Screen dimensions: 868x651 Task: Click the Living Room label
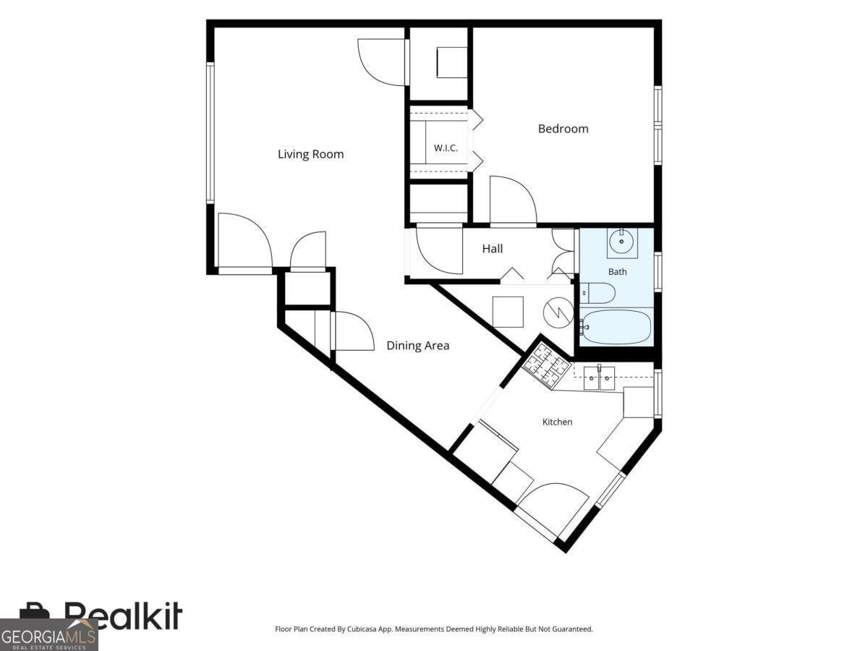pyautogui.click(x=310, y=154)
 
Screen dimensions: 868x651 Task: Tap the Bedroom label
pyautogui.click(x=563, y=129)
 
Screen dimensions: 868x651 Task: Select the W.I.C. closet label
pyautogui.click(x=446, y=148)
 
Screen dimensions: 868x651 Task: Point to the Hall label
pyautogui.click(x=493, y=249)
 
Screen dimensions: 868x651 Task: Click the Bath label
pyautogui.click(x=617, y=272)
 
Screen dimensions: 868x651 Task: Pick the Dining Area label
pyautogui.click(x=418, y=346)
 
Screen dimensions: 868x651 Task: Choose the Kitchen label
pyautogui.click(x=557, y=422)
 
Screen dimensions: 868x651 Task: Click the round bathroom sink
pyautogui.click(x=621, y=242)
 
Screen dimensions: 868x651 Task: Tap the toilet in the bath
pyautogui.click(x=598, y=293)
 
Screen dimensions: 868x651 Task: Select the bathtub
pyautogui.click(x=616, y=327)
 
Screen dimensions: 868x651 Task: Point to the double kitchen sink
pyautogui.click(x=599, y=378)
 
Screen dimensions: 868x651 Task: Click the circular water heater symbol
pyautogui.click(x=558, y=312)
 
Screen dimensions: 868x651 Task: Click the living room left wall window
pyautogui.click(x=210, y=133)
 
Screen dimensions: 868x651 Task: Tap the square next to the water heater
pyautogui.click(x=508, y=312)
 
